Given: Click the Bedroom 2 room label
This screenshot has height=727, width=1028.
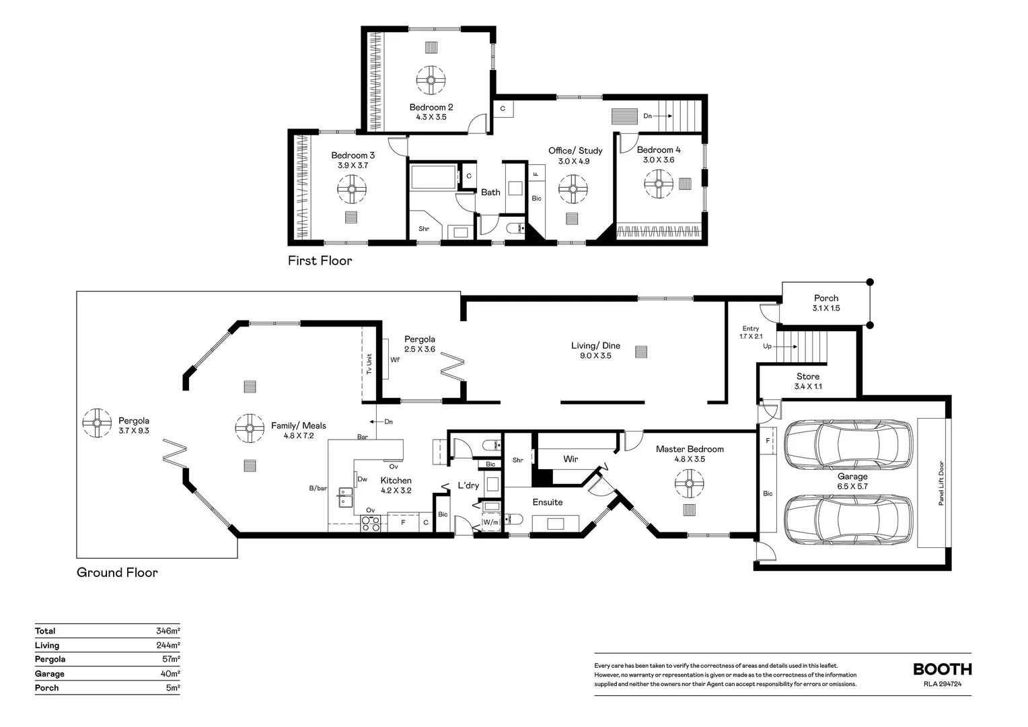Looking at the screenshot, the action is click(x=431, y=107).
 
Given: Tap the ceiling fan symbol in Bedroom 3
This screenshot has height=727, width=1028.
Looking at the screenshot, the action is click(x=352, y=188).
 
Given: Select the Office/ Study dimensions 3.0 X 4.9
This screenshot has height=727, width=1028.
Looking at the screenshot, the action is click(x=574, y=161).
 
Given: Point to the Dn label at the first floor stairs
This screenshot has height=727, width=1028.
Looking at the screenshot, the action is click(x=648, y=116).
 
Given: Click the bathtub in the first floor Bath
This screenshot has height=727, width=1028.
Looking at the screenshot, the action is click(x=434, y=177).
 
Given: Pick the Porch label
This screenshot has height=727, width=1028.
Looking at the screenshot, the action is click(x=826, y=298).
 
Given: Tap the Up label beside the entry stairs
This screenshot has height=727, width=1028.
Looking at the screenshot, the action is click(x=768, y=346).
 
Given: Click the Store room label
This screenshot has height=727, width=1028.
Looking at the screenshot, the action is click(x=808, y=376).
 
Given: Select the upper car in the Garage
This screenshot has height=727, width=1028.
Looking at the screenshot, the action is click(x=848, y=444).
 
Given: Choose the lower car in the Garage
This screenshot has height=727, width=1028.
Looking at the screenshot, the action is click(x=848, y=520).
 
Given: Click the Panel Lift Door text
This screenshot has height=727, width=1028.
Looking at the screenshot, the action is click(x=942, y=483).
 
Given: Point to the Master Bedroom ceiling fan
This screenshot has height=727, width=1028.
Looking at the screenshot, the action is click(x=690, y=483).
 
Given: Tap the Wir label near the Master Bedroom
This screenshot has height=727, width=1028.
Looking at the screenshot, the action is click(x=571, y=459).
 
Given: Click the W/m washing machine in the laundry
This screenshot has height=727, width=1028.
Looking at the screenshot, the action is click(x=490, y=522).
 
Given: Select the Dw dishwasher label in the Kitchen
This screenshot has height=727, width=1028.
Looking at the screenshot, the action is click(x=363, y=479).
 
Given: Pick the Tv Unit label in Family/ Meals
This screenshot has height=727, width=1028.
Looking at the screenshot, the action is click(x=369, y=364).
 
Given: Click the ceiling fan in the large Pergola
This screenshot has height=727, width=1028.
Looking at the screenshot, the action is click(x=97, y=423).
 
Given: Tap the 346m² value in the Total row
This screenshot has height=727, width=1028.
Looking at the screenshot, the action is click(x=168, y=631).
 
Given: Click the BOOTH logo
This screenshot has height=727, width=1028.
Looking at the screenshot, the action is click(x=943, y=669).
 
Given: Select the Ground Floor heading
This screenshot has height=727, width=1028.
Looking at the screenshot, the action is click(x=117, y=572).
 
